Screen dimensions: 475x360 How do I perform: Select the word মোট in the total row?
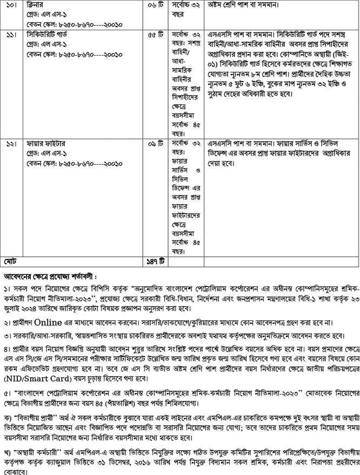click(11, 262)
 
